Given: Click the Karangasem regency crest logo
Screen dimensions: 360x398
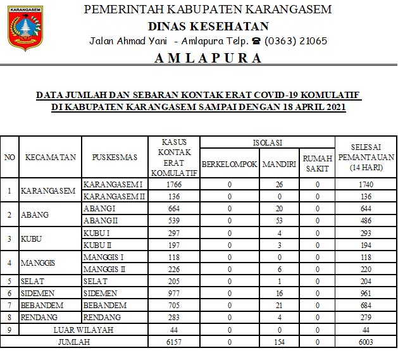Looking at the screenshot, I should (x=25, y=28).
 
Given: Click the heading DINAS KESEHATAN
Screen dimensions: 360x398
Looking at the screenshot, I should (x=208, y=26).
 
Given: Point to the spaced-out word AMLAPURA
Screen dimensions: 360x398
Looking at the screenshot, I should (x=208, y=58).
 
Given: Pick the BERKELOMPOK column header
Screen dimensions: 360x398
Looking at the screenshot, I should (x=229, y=164).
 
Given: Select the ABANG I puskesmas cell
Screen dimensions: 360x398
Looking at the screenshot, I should (x=99, y=208).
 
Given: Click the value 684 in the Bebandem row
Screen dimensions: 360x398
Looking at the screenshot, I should (x=366, y=305).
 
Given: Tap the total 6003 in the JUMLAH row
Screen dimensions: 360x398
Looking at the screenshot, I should (x=366, y=342).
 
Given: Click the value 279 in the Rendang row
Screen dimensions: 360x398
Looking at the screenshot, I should (x=366, y=317).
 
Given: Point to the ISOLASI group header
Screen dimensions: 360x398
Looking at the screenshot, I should (x=267, y=142).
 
